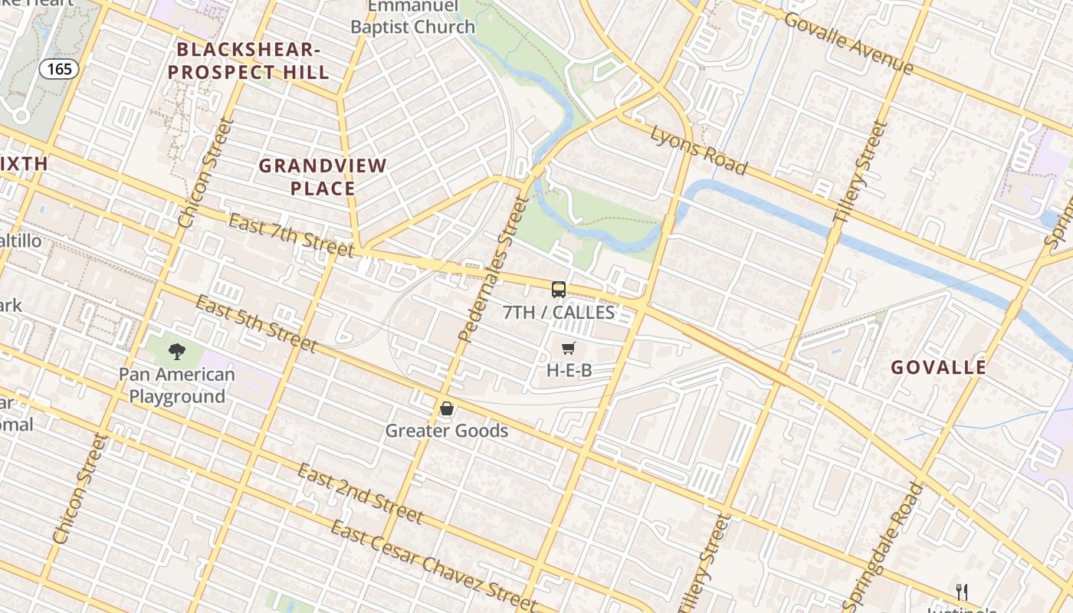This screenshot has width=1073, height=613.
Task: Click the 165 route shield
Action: tap(59, 69)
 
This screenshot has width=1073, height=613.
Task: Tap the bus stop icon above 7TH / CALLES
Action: tap(559, 290)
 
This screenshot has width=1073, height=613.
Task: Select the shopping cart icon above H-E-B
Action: tap(568, 349)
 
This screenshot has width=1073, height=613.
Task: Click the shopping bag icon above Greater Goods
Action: tap(447, 408)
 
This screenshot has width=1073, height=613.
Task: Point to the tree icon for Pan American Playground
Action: tap(177, 352)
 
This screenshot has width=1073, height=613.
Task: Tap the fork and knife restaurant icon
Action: tap(962, 592)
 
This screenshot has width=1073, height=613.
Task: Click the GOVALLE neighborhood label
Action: tap(938, 368)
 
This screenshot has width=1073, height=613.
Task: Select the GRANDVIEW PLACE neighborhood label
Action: tap(323, 177)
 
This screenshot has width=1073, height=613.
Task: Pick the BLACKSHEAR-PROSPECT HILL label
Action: tap(249, 61)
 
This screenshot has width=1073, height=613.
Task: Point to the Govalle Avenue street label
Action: tap(848, 43)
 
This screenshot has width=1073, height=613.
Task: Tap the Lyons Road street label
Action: tap(698, 149)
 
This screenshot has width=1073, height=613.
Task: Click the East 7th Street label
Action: tap(291, 233)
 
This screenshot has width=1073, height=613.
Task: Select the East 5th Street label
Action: tap(255, 323)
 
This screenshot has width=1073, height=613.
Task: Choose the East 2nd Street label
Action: tap(360, 492)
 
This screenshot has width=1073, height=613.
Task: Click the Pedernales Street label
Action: tap(494, 268)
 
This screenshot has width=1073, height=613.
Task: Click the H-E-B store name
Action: tap(569, 371)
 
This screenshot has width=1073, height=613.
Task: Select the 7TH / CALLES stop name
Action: tap(559, 312)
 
